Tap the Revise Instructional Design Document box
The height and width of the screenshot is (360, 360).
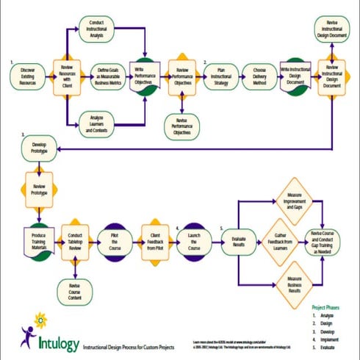pos(331,28)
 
